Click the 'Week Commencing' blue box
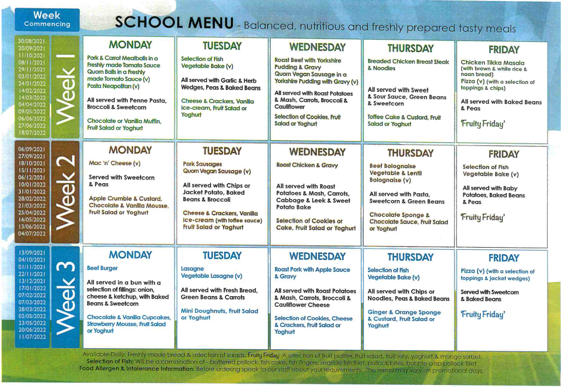click(47, 20)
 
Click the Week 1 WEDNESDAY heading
click(317, 47)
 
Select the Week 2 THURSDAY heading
click(410, 153)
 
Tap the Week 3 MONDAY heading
click(130, 255)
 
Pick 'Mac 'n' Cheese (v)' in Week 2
click(114, 164)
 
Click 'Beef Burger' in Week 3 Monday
click(102, 268)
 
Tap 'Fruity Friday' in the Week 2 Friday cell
click(483, 217)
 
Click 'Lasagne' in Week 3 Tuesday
click(192, 269)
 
